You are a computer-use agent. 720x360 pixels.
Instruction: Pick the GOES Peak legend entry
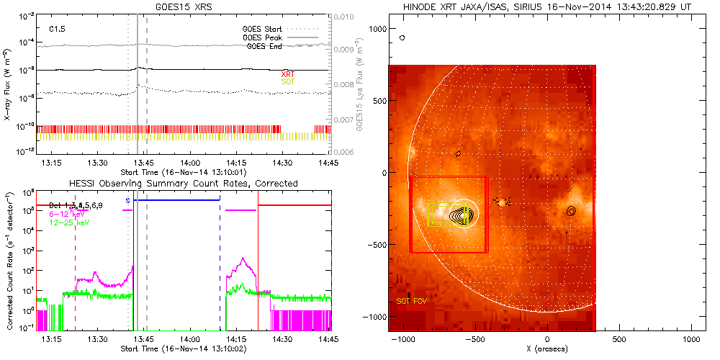[262, 37]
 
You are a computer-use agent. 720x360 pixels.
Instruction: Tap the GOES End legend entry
[264, 46]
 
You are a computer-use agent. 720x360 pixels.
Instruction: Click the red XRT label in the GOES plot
[287, 74]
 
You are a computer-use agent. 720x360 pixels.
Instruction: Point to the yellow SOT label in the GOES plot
[287, 82]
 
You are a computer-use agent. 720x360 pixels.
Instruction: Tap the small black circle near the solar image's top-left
[402, 37]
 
